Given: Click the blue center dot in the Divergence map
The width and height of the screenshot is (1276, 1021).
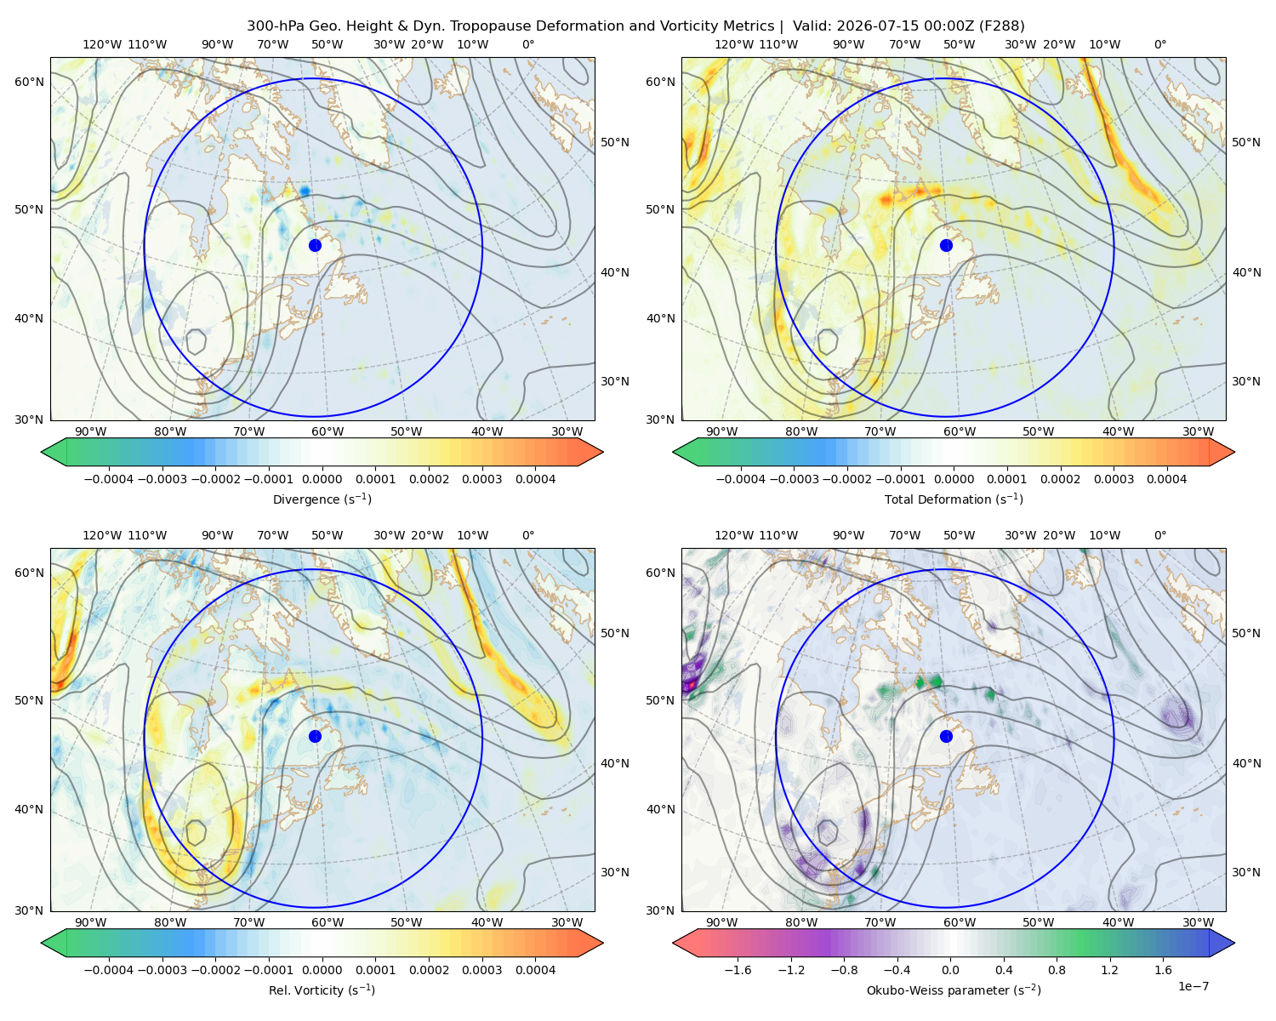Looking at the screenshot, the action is pos(315,245).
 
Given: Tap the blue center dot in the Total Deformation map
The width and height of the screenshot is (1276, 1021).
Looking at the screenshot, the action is pos(946,245).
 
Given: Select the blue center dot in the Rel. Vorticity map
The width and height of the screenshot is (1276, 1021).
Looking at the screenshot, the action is pos(315,736).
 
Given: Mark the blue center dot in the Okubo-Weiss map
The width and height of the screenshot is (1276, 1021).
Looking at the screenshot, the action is pos(946,736).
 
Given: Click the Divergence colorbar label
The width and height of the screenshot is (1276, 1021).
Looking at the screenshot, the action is pos(322,499).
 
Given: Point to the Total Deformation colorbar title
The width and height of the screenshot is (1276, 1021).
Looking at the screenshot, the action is pos(954,499).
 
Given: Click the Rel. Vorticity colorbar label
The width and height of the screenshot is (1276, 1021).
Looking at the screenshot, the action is pos(322,990).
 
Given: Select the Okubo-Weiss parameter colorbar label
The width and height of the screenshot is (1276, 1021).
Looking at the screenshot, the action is pos(954,990).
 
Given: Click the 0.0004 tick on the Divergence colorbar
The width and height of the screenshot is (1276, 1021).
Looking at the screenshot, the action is pos(535,479).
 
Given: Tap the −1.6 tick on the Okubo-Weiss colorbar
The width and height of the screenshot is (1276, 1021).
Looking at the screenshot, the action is pos(738,969).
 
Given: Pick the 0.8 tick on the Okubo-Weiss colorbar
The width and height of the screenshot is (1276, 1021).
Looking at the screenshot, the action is pos(1057,969).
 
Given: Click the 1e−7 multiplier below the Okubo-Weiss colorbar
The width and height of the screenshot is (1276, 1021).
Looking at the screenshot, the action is pos(1193,986).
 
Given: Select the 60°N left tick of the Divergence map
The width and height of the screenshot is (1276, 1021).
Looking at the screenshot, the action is pos(29,82).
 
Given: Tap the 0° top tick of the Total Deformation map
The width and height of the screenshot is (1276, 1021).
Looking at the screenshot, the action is pos(1159,44).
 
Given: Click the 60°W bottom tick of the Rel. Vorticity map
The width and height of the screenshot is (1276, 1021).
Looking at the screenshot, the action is pos(328,922).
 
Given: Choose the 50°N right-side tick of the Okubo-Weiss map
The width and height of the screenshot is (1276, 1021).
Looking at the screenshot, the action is pos(1246,633).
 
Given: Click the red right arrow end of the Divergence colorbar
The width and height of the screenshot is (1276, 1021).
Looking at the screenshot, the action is pos(590,452).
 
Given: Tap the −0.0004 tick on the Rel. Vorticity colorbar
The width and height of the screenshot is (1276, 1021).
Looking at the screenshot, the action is pos(109,969).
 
